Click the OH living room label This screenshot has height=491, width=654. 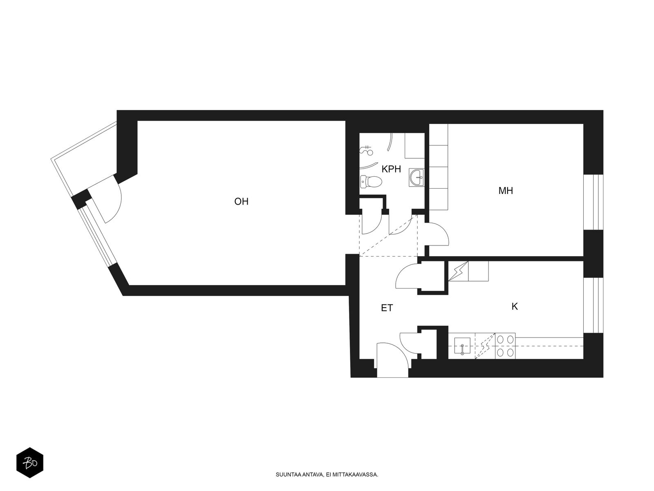241,202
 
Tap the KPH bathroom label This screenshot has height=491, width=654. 391,169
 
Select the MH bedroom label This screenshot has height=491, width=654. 506,191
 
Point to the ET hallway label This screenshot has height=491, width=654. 387,308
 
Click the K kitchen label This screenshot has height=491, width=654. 515,306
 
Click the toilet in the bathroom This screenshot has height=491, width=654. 371,182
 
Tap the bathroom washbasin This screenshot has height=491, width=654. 417,178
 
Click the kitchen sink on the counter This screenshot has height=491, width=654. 462,346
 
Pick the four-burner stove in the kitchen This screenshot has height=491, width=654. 505,346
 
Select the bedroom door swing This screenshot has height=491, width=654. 437,234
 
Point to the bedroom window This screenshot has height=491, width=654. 593,202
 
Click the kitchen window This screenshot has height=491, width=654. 593,305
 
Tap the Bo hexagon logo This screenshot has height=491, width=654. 30,463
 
